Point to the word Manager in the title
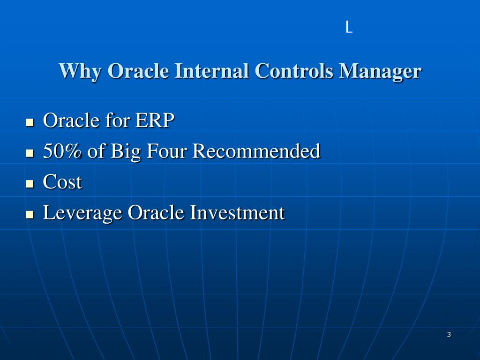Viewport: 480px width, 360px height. [x=380, y=72]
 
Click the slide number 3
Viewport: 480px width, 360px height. [x=449, y=334]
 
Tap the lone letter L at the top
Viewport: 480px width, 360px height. [x=349, y=27]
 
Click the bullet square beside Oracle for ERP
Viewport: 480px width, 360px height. [x=30, y=122]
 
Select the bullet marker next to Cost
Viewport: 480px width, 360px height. [x=30, y=184]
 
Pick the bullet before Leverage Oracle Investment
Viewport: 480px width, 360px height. [x=30, y=214]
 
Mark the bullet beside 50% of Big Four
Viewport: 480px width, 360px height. [x=30, y=153]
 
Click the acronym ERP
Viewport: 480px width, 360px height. [x=155, y=120]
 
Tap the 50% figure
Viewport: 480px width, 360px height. [x=62, y=150]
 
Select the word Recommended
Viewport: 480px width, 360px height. [x=256, y=150]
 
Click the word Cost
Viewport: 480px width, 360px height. [x=62, y=181]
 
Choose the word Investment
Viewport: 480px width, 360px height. [x=237, y=212]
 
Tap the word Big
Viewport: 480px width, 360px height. [x=126, y=152]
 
